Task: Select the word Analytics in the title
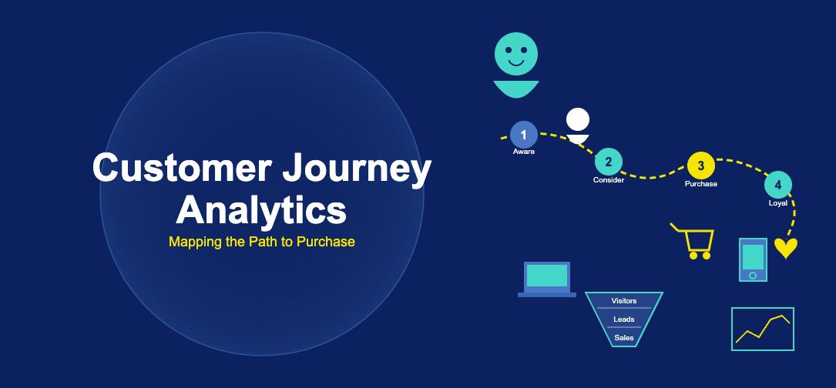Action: [x=261, y=209]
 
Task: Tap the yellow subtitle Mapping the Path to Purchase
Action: [x=261, y=242]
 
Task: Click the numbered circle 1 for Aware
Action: [x=524, y=135]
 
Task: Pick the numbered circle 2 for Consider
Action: [x=609, y=162]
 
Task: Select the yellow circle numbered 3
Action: [x=700, y=166]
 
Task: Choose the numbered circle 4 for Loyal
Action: [x=778, y=185]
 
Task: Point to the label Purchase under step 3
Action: [x=700, y=184]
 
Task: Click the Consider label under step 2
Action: [x=609, y=180]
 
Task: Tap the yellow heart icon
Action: [x=785, y=248]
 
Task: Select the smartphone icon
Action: [x=753, y=259]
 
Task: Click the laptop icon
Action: [x=547, y=279]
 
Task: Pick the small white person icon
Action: [x=577, y=125]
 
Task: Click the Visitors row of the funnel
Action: [x=624, y=301]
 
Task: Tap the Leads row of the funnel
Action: [x=624, y=319]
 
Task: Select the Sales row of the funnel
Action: [x=624, y=337]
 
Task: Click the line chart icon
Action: [x=762, y=329]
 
